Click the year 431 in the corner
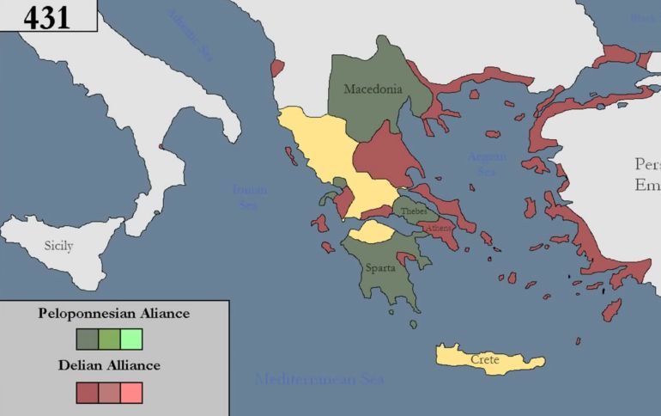[x=46, y=17]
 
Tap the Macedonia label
[x=373, y=89]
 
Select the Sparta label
[x=380, y=267]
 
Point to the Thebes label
[x=413, y=211]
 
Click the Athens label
[x=438, y=228]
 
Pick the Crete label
[x=484, y=360]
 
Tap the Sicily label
[x=59, y=246]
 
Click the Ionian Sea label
[x=249, y=197]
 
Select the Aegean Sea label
[x=487, y=163]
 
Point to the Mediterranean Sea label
[x=319, y=378]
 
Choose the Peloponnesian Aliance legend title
[x=114, y=314]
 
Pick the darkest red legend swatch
[x=88, y=392]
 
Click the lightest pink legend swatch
[x=131, y=392]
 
